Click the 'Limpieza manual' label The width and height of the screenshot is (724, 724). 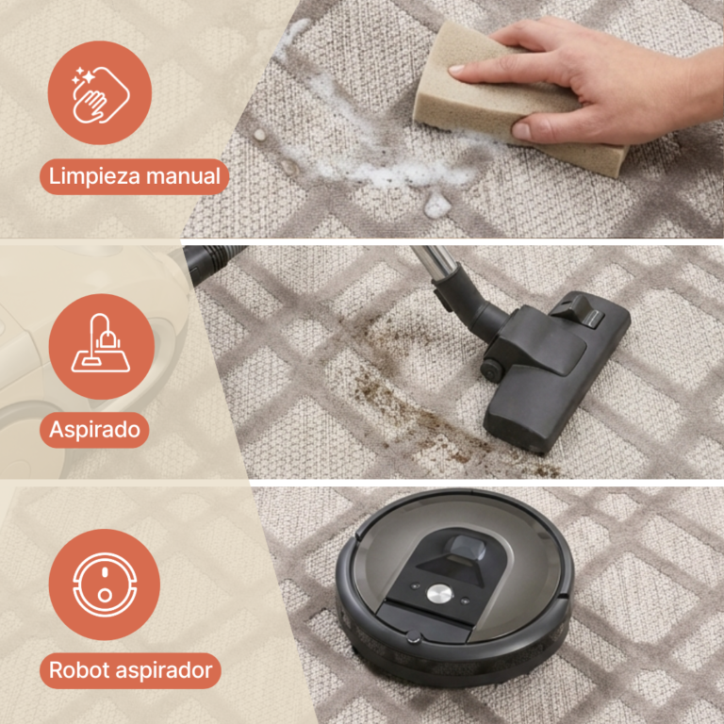click(x=134, y=175)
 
